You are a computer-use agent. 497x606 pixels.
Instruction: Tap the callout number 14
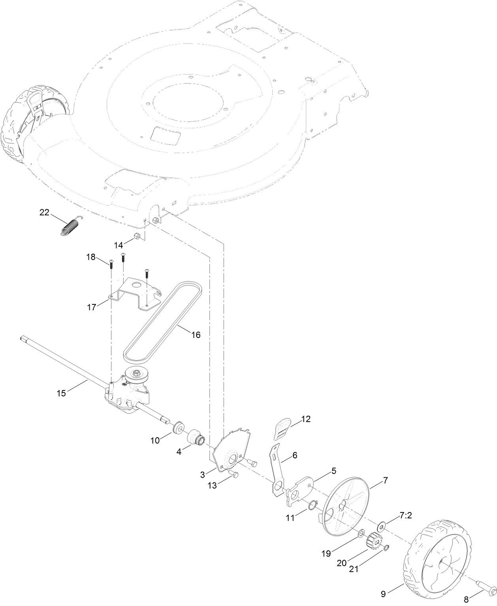click(x=119, y=245)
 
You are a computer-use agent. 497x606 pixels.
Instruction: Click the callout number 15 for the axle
click(x=61, y=393)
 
